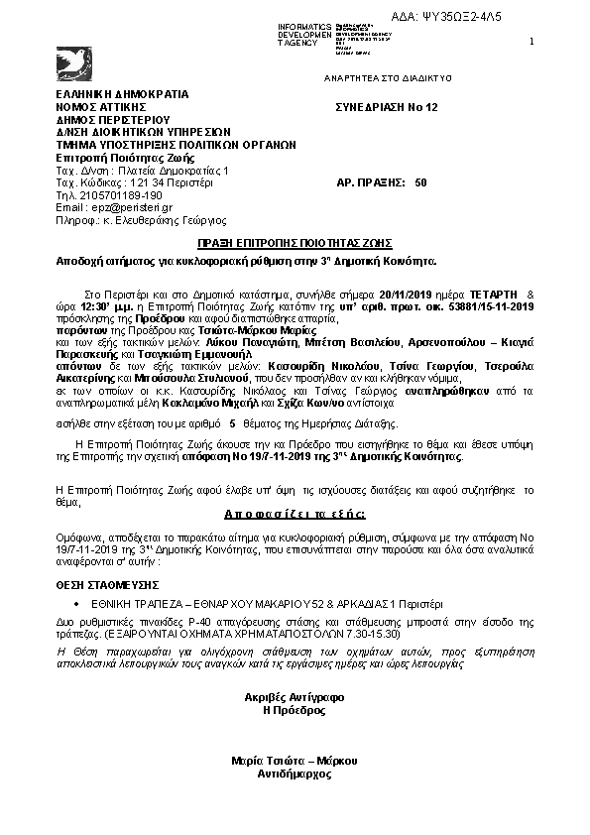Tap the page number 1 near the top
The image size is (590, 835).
click(532, 41)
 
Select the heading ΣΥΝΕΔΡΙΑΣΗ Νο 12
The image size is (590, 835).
click(386, 106)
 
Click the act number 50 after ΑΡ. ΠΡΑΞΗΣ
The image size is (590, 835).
click(421, 182)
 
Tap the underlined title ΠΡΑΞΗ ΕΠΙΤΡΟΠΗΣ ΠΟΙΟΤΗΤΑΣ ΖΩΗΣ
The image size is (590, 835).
click(295, 243)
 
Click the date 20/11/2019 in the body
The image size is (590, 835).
click(408, 296)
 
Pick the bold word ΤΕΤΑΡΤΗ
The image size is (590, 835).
click(490, 296)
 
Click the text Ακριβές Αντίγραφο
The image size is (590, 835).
click(294, 697)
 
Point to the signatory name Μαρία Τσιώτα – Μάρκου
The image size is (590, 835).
click(294, 760)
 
